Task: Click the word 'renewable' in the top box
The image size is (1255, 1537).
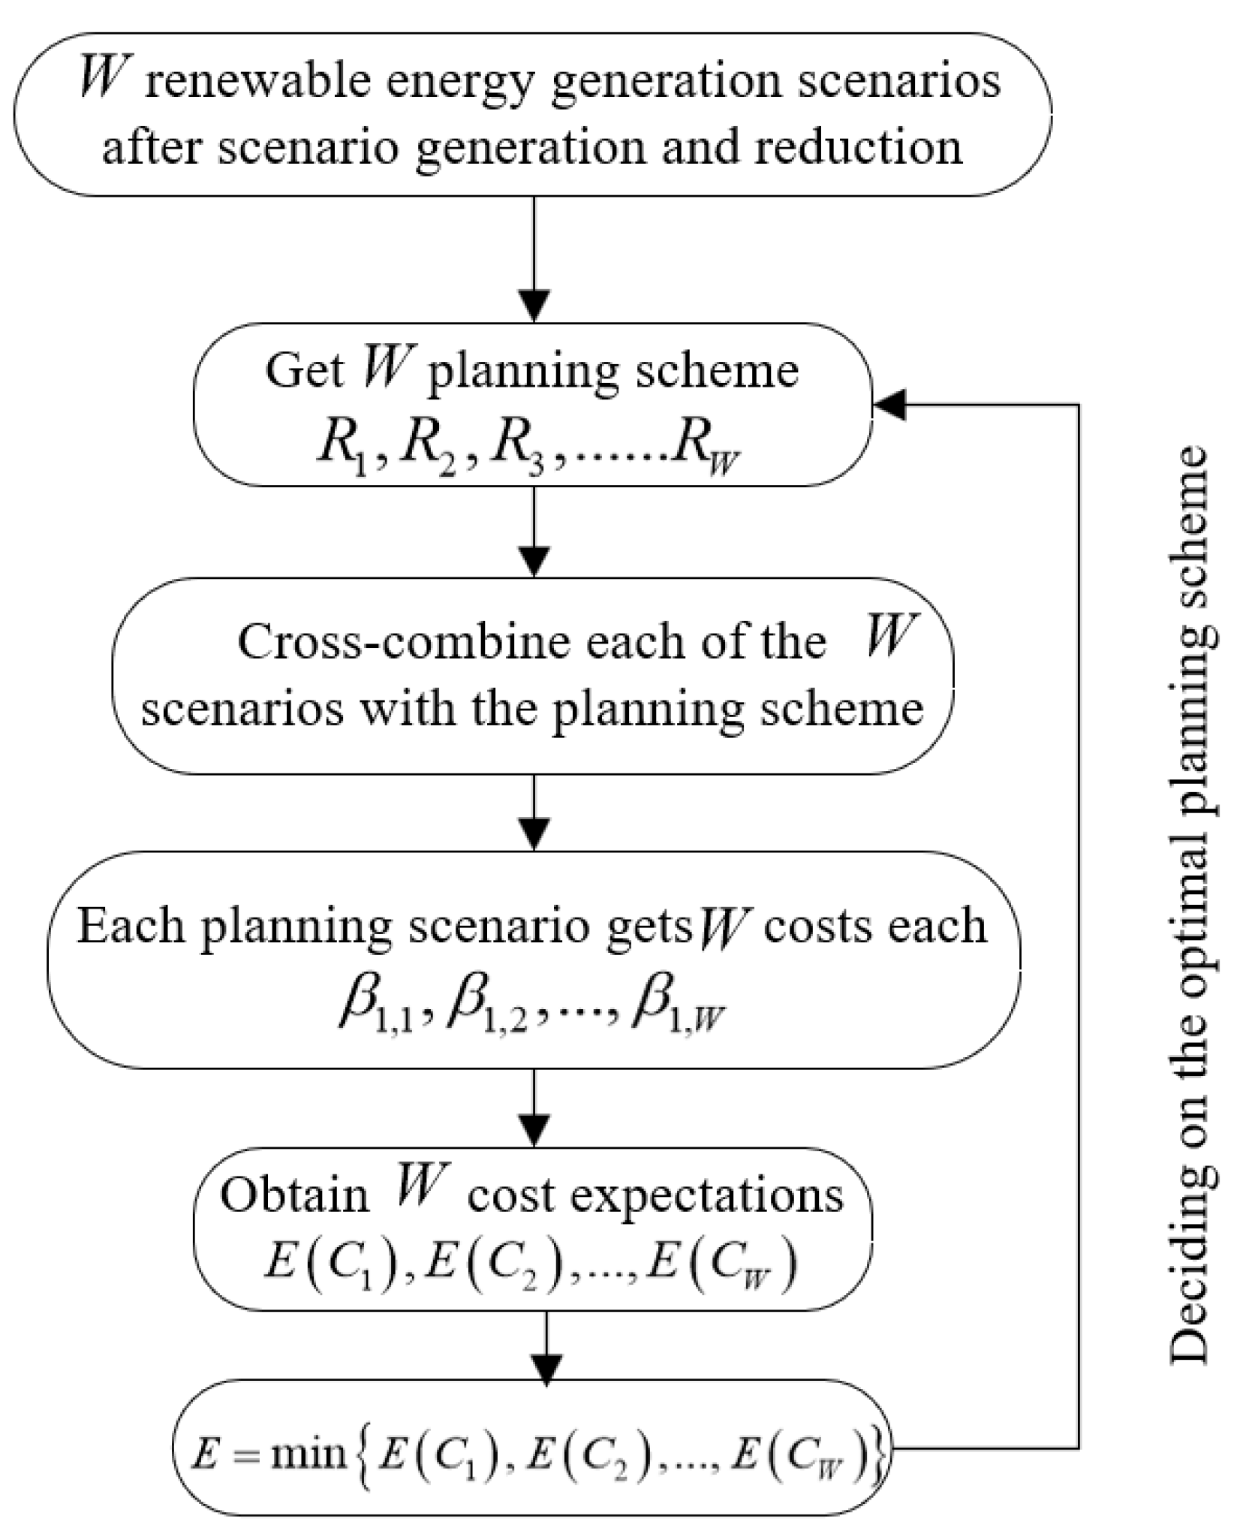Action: (x=256, y=82)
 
